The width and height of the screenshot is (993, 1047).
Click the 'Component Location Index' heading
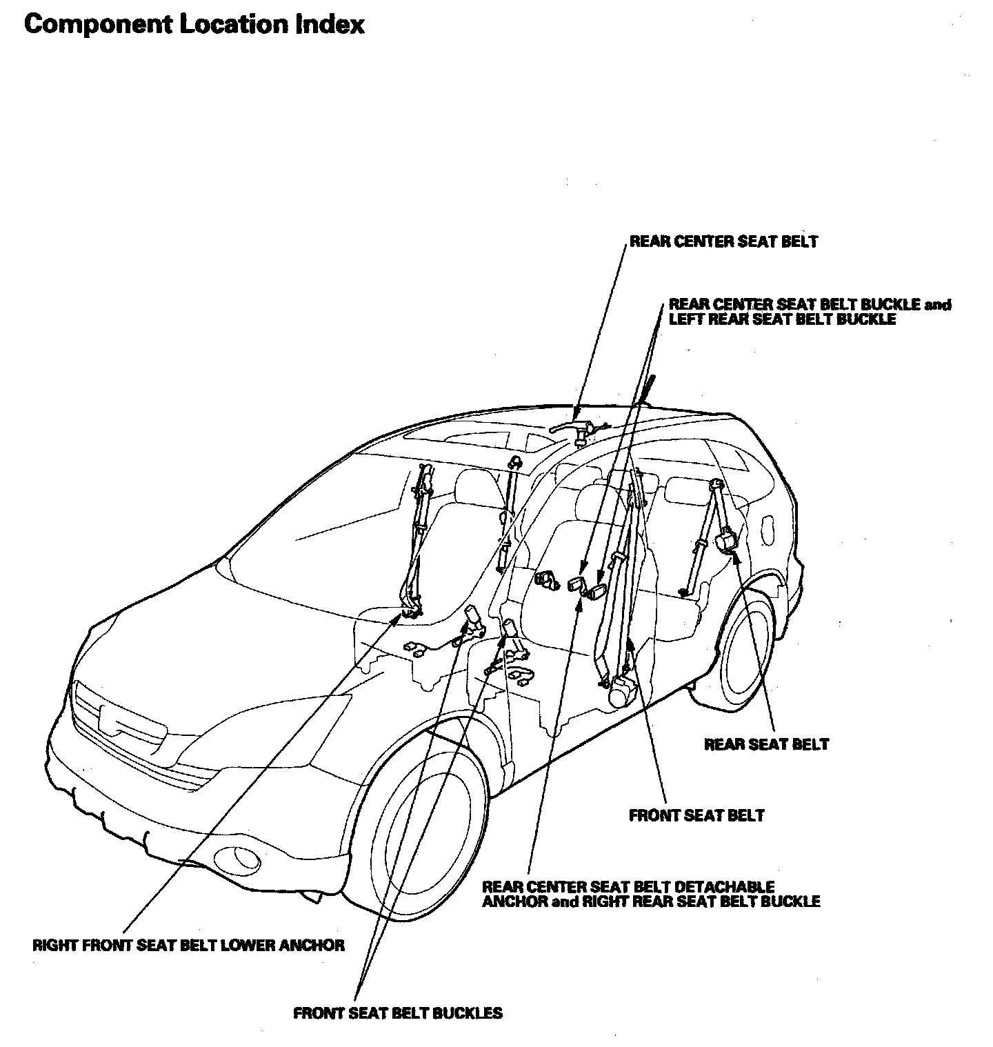coord(194,25)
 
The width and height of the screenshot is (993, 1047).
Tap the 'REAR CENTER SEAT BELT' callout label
coord(723,241)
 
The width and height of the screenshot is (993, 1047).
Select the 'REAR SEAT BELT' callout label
coord(766,744)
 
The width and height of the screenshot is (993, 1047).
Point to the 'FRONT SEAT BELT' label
coord(696,815)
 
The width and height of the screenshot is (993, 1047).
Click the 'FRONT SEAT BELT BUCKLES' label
coord(398,1013)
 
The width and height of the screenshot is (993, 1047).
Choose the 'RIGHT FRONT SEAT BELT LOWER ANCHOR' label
coord(188,945)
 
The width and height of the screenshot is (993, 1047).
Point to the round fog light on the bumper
coord(238,859)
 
